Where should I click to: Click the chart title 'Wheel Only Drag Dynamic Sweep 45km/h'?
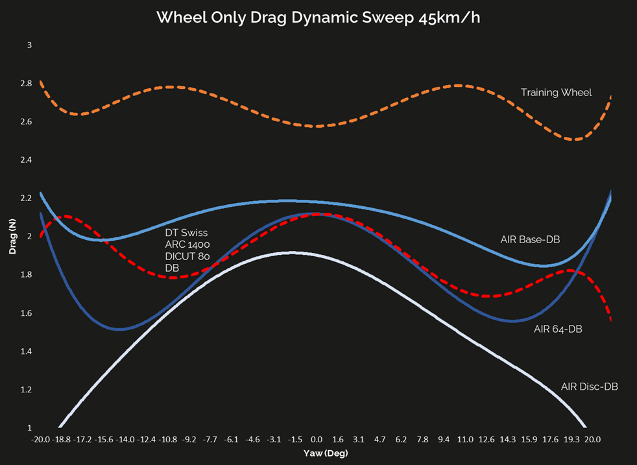tap(318, 18)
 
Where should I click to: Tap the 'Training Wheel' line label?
tap(556, 93)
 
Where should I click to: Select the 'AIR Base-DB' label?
tap(530, 239)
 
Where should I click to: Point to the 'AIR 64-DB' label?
tap(558, 329)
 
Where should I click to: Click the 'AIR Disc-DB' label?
tap(589, 387)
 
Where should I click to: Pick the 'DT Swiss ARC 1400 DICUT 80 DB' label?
tap(187, 250)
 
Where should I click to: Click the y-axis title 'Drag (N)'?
tap(12, 237)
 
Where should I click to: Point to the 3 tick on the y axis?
tap(29, 45)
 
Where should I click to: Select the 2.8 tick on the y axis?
tap(26, 84)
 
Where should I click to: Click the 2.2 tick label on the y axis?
tap(26, 198)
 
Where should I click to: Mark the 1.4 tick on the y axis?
tap(26, 352)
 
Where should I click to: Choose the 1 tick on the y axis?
tap(29, 428)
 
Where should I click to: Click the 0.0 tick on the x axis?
tap(317, 439)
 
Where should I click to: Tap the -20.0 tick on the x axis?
tap(41, 439)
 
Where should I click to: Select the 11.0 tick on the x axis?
tap(465, 439)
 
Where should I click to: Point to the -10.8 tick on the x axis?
tap(168, 439)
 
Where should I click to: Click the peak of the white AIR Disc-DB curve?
tap(293, 253)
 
